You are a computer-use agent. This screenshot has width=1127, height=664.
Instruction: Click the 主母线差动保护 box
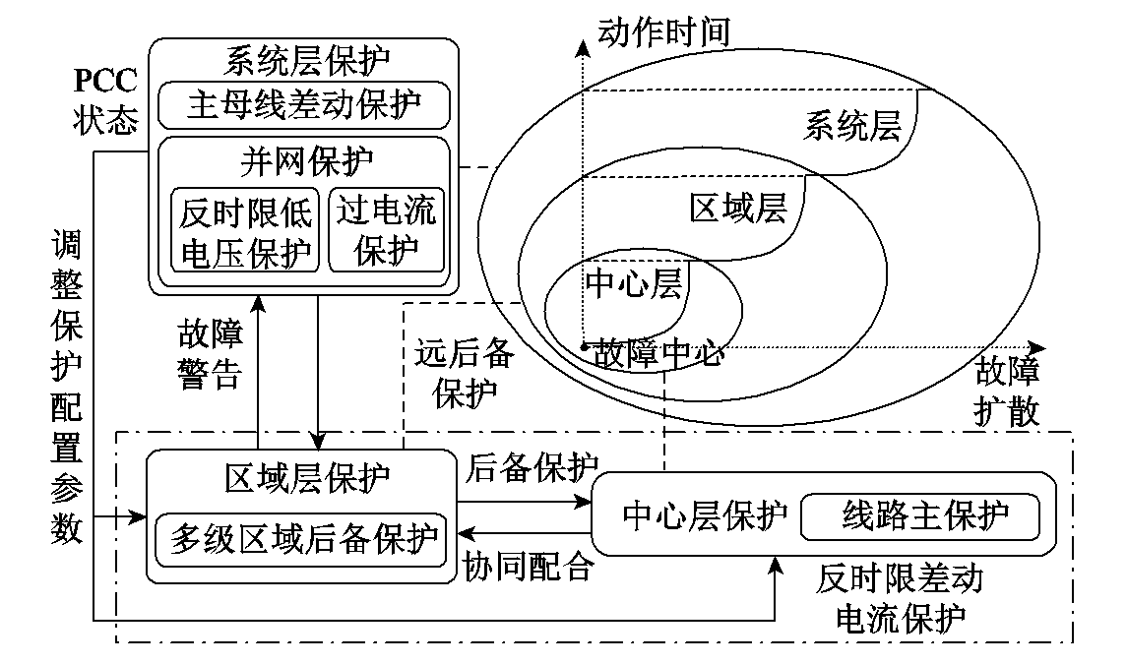(303, 106)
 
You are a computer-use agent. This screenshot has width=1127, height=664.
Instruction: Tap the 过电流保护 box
(386, 230)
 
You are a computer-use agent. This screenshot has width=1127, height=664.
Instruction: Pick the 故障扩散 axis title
(1006, 391)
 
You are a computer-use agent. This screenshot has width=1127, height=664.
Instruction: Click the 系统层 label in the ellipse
(852, 126)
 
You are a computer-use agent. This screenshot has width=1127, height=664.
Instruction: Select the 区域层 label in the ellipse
(737, 208)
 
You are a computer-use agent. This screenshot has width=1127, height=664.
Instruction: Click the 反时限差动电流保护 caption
(899, 599)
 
